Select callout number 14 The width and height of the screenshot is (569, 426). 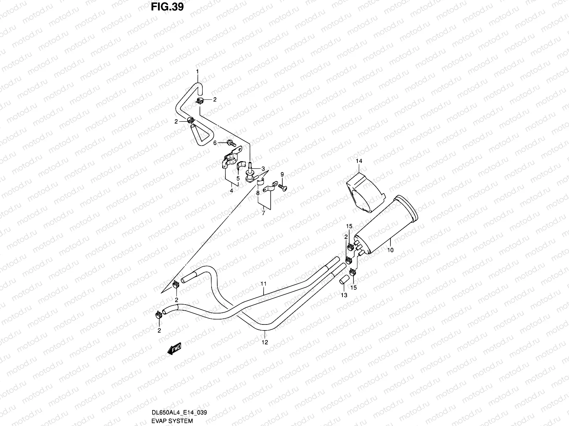point(359,161)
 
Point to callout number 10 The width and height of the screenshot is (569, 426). point(390,250)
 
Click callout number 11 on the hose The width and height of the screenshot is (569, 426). point(264,284)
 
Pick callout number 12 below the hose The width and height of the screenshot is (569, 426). point(265,342)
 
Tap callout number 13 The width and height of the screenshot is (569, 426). point(344,295)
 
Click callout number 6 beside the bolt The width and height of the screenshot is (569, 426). point(215,143)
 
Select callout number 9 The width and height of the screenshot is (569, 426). point(282,174)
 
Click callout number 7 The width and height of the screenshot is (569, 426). point(264,213)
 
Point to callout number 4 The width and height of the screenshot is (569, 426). point(231,191)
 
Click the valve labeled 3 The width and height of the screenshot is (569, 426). point(250,173)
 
